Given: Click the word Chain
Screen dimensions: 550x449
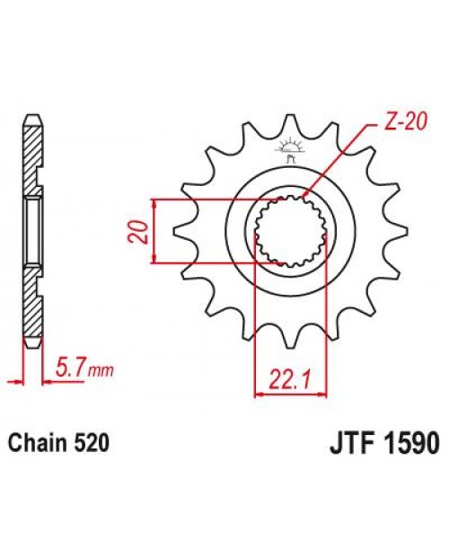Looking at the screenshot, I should [x=36, y=444].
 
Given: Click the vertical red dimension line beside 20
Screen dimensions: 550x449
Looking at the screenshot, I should [x=156, y=232].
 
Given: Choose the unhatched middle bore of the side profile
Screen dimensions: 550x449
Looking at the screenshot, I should [x=31, y=231].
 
